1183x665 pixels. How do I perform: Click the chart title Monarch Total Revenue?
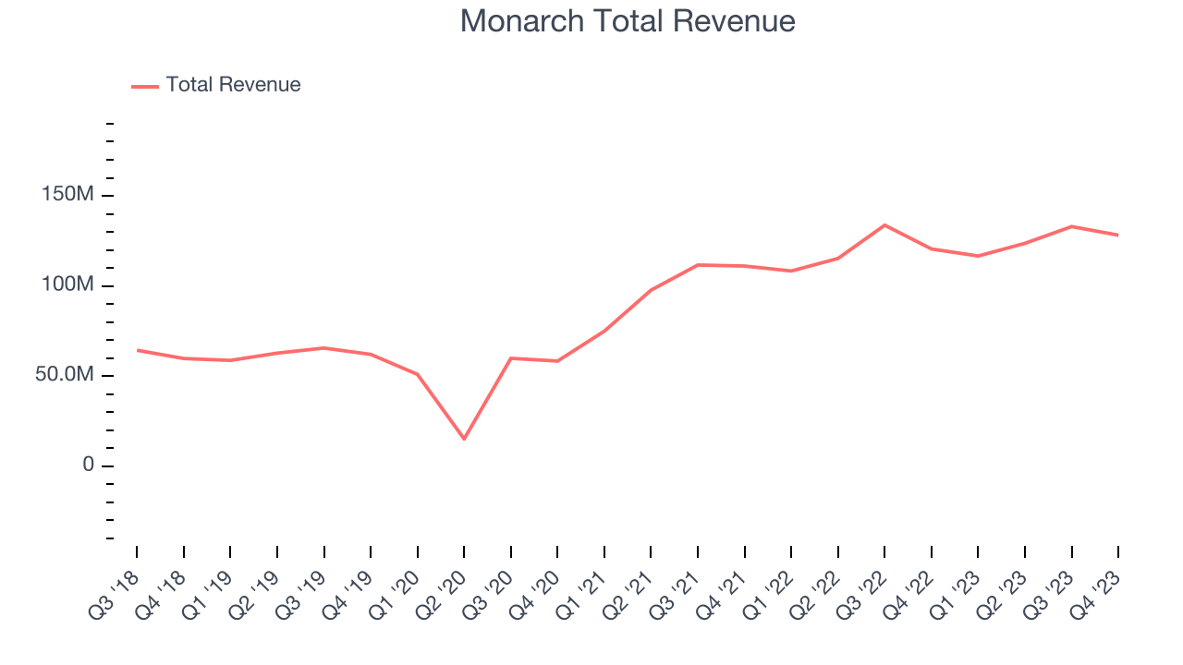point(628,21)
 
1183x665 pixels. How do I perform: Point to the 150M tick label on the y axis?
point(67,196)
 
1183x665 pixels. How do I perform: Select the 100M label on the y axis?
point(67,285)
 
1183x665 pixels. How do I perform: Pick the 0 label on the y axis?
point(89,465)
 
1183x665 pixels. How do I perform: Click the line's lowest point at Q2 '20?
point(464,439)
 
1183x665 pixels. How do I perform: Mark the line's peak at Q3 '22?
point(884,225)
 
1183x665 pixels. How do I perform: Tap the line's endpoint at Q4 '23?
point(1118,235)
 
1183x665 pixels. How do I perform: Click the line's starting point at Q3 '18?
point(137,350)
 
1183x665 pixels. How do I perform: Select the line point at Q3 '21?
point(698,265)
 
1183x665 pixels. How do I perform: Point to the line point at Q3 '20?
point(511,358)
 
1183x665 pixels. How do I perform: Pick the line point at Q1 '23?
point(978,256)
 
